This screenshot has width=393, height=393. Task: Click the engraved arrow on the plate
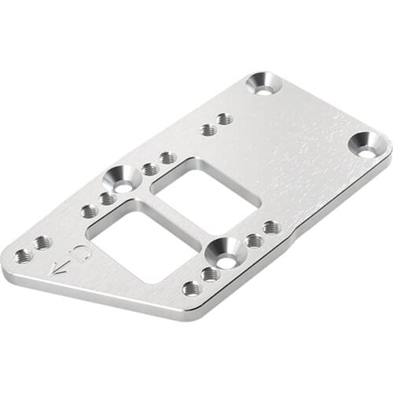(x=61, y=268)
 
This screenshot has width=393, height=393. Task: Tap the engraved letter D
(x=80, y=254)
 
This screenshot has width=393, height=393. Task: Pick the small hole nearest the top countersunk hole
(x=225, y=119)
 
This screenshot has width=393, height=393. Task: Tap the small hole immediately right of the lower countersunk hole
(x=253, y=240)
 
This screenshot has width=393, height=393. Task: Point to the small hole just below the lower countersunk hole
(x=210, y=274)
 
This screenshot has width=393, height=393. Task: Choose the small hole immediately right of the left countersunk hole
(x=150, y=169)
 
